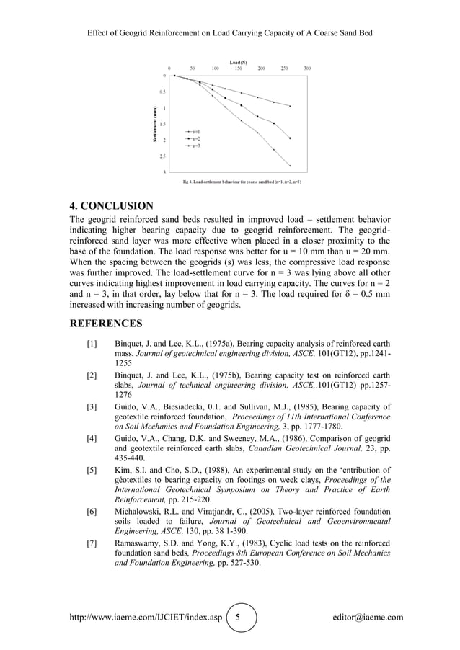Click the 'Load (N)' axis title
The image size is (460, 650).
(238, 63)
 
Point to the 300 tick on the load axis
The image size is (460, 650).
(307, 68)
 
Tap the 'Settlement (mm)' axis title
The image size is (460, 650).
(154, 123)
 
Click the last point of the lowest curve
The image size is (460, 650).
(290, 165)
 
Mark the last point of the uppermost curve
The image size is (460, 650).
(290, 106)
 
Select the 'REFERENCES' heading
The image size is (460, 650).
(105, 323)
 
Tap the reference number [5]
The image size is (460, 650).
(92, 471)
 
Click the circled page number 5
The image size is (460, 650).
(242, 618)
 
